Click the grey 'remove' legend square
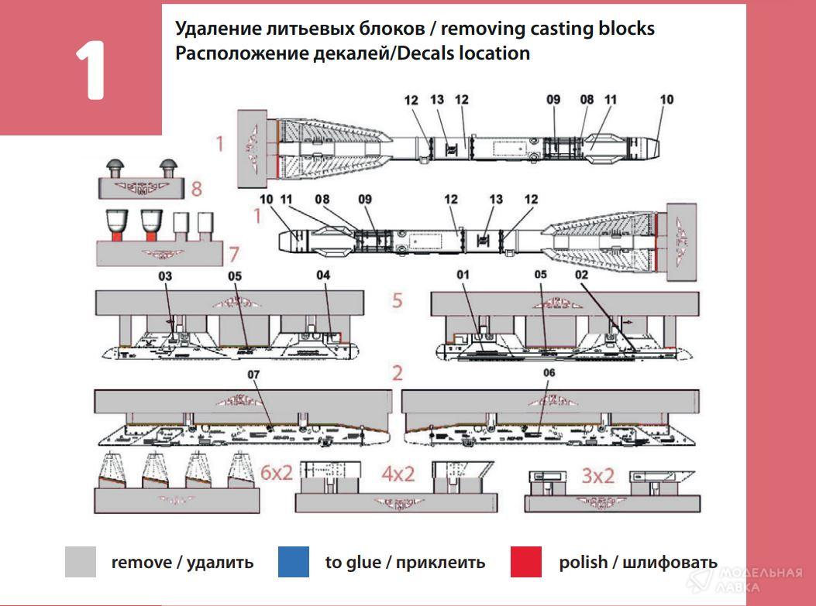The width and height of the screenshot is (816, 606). (81, 562)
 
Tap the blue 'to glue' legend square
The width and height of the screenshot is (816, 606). (293, 562)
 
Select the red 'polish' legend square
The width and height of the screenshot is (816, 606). (526, 562)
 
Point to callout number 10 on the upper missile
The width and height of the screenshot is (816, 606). (666, 99)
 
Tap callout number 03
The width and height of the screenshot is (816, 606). (165, 276)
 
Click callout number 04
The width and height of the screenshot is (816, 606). (323, 276)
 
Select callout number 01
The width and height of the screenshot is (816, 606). (463, 275)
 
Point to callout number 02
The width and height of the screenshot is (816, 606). (581, 275)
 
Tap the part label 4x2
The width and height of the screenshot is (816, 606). (397, 474)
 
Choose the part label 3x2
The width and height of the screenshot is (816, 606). (597, 475)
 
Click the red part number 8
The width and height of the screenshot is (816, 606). (197, 188)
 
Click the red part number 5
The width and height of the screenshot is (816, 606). (397, 300)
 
